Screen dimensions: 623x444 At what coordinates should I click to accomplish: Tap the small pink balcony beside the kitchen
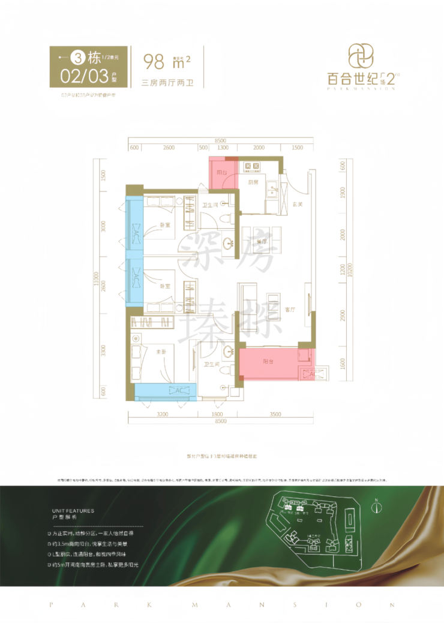tap(223, 173)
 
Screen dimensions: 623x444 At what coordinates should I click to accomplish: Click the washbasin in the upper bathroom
tap(229, 243)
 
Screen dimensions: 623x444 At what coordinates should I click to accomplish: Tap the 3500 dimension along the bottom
tap(275, 414)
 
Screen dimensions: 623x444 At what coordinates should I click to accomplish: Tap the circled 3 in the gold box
tap(77, 58)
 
